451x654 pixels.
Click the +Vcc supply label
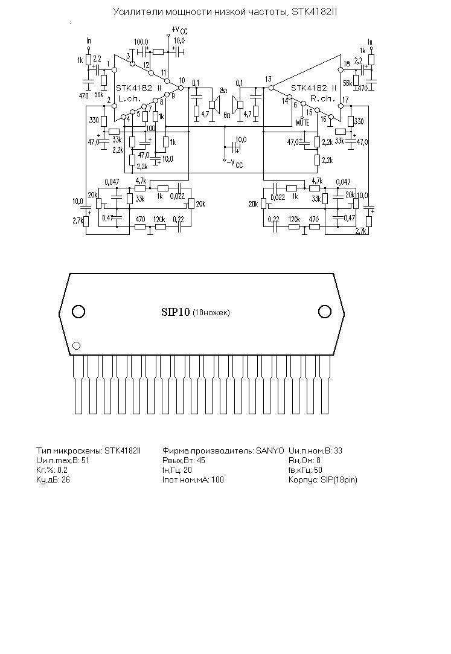click(x=179, y=30)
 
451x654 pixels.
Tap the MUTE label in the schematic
click(x=302, y=122)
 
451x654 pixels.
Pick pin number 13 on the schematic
click(x=268, y=80)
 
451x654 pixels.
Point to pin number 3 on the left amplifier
click(x=129, y=56)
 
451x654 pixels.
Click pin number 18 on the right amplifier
click(x=347, y=63)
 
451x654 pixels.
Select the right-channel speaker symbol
click(x=238, y=102)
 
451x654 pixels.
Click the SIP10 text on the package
click(x=175, y=312)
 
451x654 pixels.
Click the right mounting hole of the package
click(x=325, y=312)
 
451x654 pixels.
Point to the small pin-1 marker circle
click(x=77, y=346)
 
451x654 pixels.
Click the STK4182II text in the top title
click(x=307, y=12)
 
